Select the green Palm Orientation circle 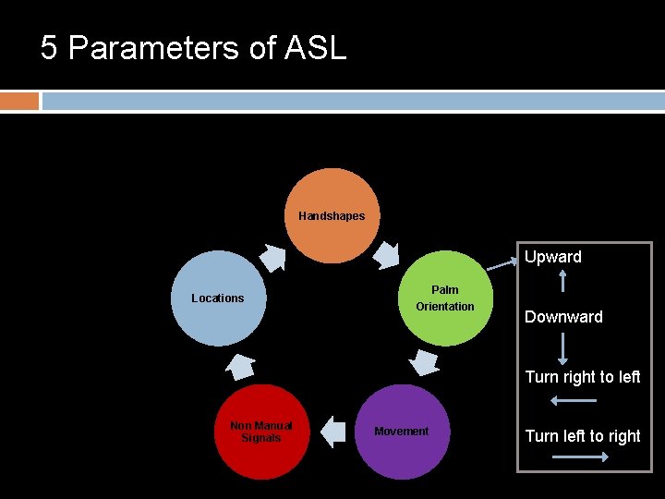(444, 298)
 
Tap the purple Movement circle (401, 432)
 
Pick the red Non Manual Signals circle (260, 432)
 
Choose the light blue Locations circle (218, 298)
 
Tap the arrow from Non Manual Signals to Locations (240, 365)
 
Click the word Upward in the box (552, 257)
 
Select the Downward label (563, 317)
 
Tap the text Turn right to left (582, 377)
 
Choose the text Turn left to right (582, 436)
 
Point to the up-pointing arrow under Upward (563, 280)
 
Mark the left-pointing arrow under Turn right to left (573, 400)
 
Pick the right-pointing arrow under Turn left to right (573, 456)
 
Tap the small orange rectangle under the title (19, 101)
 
